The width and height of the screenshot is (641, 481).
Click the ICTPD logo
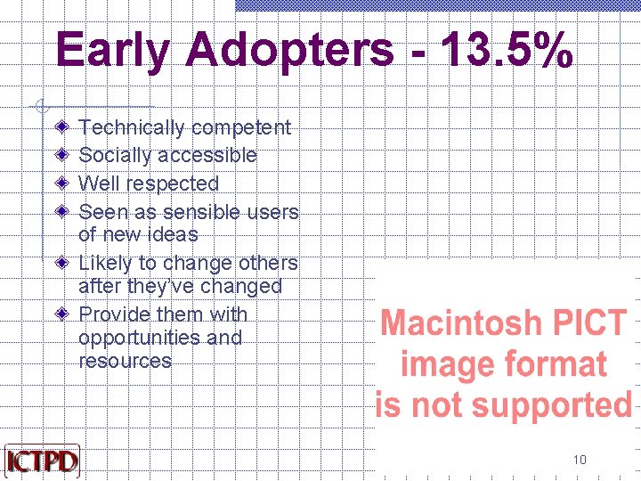tap(42, 461)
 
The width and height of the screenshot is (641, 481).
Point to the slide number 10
tap(580, 460)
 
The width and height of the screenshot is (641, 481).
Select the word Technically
tap(128, 128)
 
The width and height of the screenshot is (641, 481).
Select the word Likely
tap(104, 264)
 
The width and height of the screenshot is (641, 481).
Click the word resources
tap(125, 362)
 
